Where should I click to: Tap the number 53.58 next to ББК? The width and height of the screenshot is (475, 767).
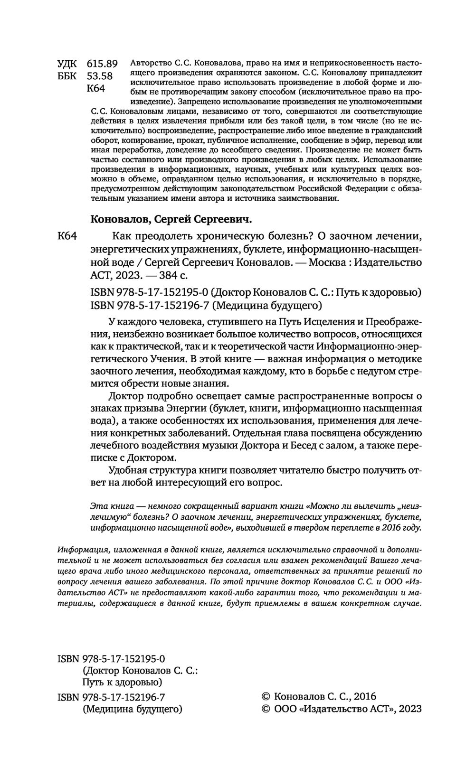coord(100,76)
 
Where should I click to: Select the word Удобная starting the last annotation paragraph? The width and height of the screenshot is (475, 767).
coord(128,471)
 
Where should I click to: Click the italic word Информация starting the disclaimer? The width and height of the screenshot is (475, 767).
coord(78,550)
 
